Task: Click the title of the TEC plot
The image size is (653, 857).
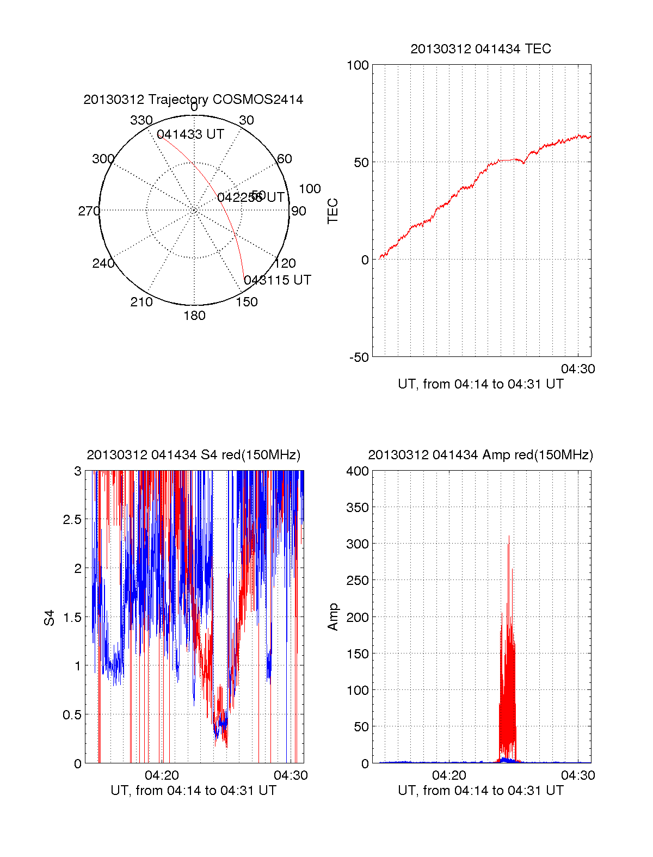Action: [x=480, y=49]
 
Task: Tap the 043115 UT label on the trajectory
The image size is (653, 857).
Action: [x=278, y=280]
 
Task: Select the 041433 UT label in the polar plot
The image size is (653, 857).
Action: [x=190, y=134]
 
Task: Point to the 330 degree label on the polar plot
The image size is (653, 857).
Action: [x=141, y=120]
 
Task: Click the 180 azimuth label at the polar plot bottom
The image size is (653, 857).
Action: [x=194, y=316]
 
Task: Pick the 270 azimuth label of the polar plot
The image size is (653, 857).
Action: [x=89, y=211]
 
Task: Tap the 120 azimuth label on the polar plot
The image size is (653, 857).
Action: [x=285, y=263]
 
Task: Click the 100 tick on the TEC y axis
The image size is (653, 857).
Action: [x=358, y=65]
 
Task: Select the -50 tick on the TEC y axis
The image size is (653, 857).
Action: [x=359, y=357]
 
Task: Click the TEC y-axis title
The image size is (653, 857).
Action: [x=332, y=211]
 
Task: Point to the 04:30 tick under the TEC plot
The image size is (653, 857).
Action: [x=578, y=369]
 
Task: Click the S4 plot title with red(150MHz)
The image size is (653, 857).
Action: [x=193, y=455]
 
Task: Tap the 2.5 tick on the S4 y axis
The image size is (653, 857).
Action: [x=72, y=520]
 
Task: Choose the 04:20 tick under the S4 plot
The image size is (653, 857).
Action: [x=162, y=775]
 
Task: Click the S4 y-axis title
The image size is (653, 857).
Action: [x=50, y=618]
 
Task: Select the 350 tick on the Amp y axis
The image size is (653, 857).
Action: [x=358, y=508]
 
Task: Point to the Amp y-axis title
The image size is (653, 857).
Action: [x=332, y=617]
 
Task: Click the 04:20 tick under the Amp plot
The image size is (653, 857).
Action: [x=449, y=775]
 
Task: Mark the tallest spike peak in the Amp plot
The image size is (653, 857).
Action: [x=509, y=537]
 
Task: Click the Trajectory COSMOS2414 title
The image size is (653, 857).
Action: [x=193, y=100]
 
